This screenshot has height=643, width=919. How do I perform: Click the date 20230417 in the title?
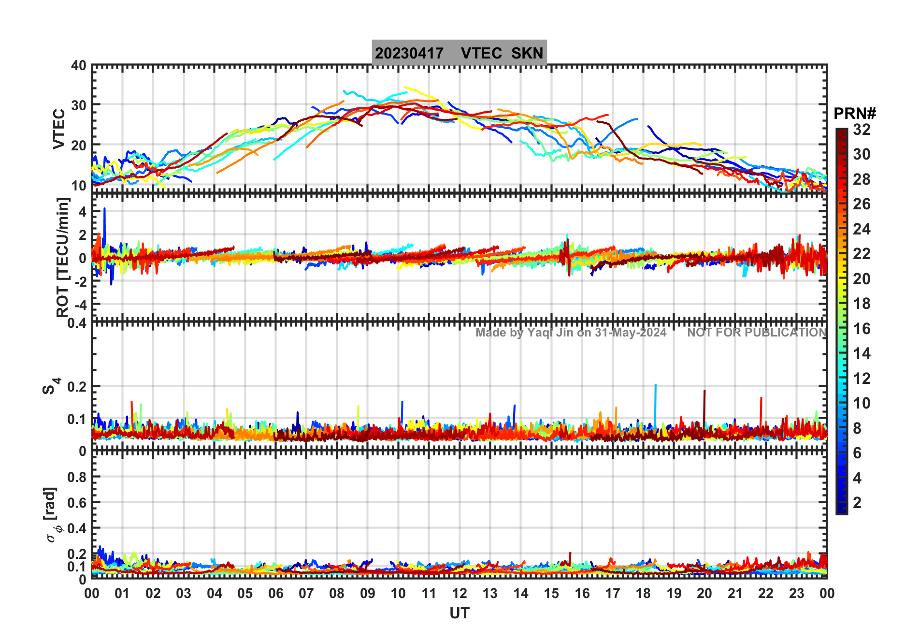tap(409, 53)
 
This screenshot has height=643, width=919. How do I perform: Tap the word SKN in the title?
tap(527, 53)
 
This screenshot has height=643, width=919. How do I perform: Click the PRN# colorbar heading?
tap(855, 114)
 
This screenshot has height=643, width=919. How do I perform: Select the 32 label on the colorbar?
tap(862, 130)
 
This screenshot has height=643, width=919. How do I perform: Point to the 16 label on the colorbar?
tap(862, 329)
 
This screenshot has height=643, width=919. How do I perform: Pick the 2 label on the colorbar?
tap(857, 503)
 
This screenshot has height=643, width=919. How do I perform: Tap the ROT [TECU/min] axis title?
tap(63, 257)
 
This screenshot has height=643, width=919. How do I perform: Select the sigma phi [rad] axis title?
tap(52, 515)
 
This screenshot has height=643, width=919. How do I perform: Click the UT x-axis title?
tap(459, 614)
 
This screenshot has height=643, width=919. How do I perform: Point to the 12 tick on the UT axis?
tap(459, 594)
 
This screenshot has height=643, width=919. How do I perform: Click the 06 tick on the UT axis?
tap(276, 594)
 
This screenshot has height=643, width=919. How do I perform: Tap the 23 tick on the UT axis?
tap(796, 594)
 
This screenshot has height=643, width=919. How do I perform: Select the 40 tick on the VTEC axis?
tap(79, 66)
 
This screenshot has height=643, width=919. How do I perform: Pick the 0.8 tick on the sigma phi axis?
tap(77, 477)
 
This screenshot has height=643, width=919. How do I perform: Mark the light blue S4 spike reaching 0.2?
tap(655, 386)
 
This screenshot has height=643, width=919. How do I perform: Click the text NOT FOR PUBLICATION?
tap(757, 333)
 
